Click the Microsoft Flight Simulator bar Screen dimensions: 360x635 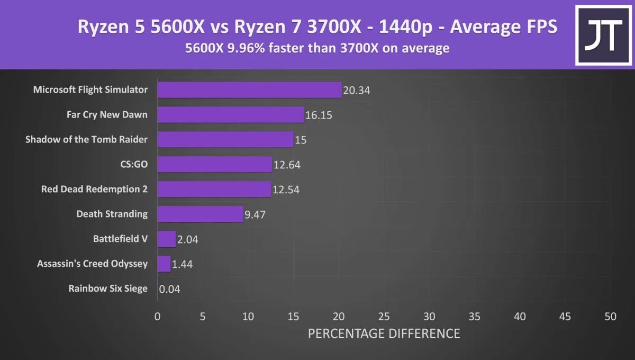[x=249, y=90]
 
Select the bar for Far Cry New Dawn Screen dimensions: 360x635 [x=230, y=115]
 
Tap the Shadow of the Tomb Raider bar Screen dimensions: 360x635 [x=225, y=140]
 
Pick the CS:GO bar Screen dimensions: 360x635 [x=214, y=165]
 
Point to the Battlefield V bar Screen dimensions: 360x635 [x=166, y=239]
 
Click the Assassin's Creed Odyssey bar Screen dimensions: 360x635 [x=164, y=264]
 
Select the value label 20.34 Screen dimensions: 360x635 [x=356, y=91]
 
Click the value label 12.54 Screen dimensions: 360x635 [x=286, y=190]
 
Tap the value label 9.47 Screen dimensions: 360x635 [x=255, y=214]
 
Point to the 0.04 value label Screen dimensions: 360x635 [x=169, y=289]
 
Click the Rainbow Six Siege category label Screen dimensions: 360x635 [x=108, y=289]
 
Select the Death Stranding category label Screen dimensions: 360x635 [x=112, y=214]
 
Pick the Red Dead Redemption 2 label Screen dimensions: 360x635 [x=94, y=189]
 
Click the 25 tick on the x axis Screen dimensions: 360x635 [x=384, y=317]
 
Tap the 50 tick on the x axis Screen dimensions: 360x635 [x=610, y=317]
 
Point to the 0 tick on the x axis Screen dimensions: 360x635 [x=157, y=317]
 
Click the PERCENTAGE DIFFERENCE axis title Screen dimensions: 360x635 [x=384, y=334]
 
